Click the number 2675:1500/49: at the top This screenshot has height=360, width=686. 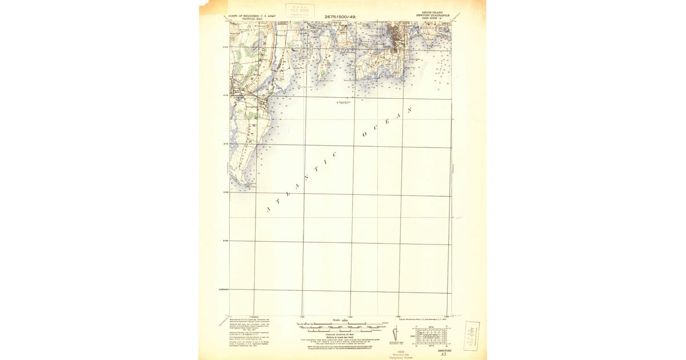tap(340, 17)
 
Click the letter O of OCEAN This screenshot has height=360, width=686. tap(365, 135)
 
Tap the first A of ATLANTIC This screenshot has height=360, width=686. tap(268, 210)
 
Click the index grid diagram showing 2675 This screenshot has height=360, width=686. tap(432, 335)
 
